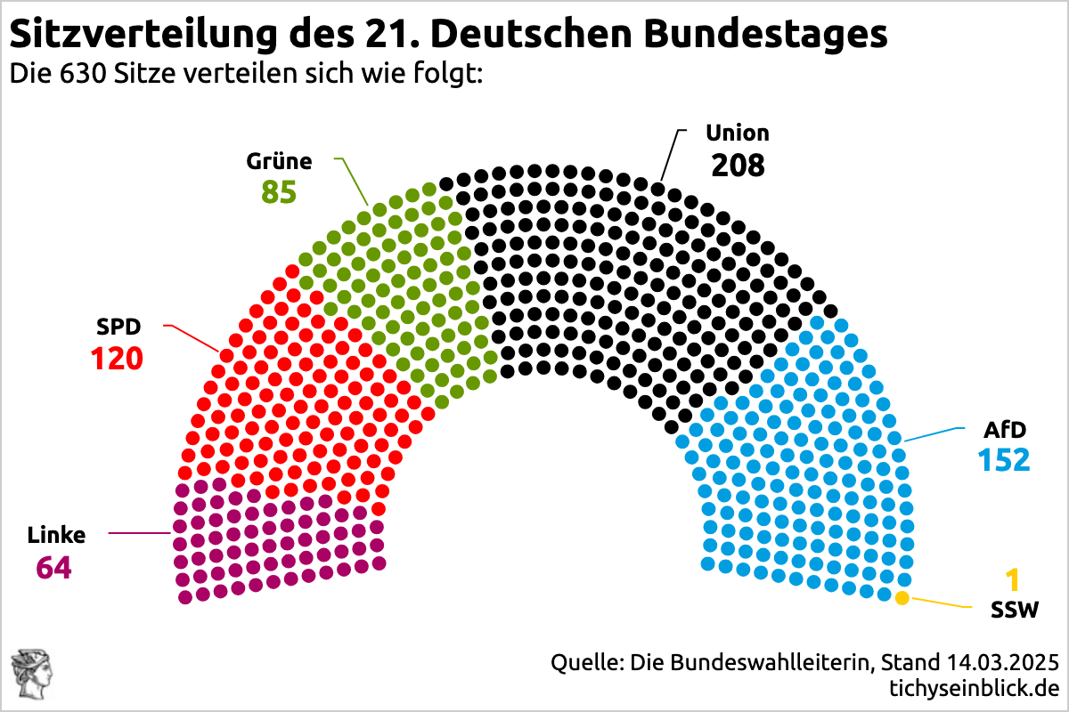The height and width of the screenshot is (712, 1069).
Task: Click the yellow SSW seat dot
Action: [902, 598]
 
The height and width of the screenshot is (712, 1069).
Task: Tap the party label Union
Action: [737, 133]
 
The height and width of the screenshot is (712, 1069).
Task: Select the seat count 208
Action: [738, 165]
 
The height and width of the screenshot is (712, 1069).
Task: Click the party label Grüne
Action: [279, 161]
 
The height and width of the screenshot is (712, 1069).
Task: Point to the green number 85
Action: [279, 192]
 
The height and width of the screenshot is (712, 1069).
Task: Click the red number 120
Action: [117, 359]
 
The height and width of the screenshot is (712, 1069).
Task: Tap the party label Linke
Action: [57, 535]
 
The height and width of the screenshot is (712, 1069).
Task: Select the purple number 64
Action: [53, 567]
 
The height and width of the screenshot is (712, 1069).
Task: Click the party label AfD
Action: [1004, 430]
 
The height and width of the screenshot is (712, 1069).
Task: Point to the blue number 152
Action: [1004, 460]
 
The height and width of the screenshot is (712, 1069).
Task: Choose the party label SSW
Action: [1015, 611]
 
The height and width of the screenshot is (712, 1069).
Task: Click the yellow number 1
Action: [1012, 581]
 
